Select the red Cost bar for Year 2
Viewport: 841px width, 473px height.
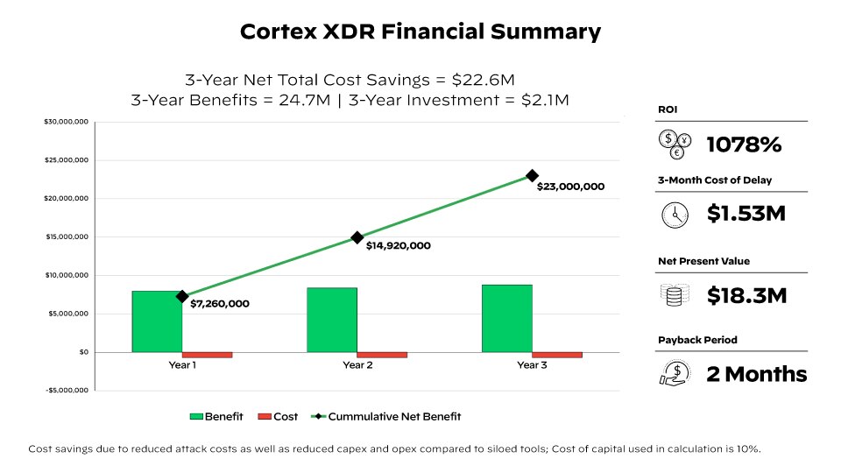tap(382, 355)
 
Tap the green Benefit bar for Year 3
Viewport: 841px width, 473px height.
tap(506, 318)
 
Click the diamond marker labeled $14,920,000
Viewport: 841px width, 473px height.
tap(357, 237)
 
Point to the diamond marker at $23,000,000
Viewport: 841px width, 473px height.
tap(532, 176)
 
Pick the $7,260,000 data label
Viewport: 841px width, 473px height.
tap(220, 304)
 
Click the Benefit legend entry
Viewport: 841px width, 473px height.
tap(217, 416)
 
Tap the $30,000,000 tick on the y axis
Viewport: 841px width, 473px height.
tap(67, 122)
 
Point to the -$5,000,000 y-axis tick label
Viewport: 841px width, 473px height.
tap(67, 391)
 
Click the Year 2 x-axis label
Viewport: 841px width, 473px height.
tap(357, 365)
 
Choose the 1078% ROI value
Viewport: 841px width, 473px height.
tap(744, 145)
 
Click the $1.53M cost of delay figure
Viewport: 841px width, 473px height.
tap(746, 213)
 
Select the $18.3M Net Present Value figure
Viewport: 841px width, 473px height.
tap(746, 296)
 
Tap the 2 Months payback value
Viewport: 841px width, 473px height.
tap(756, 374)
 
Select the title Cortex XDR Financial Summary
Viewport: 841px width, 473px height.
tap(420, 32)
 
